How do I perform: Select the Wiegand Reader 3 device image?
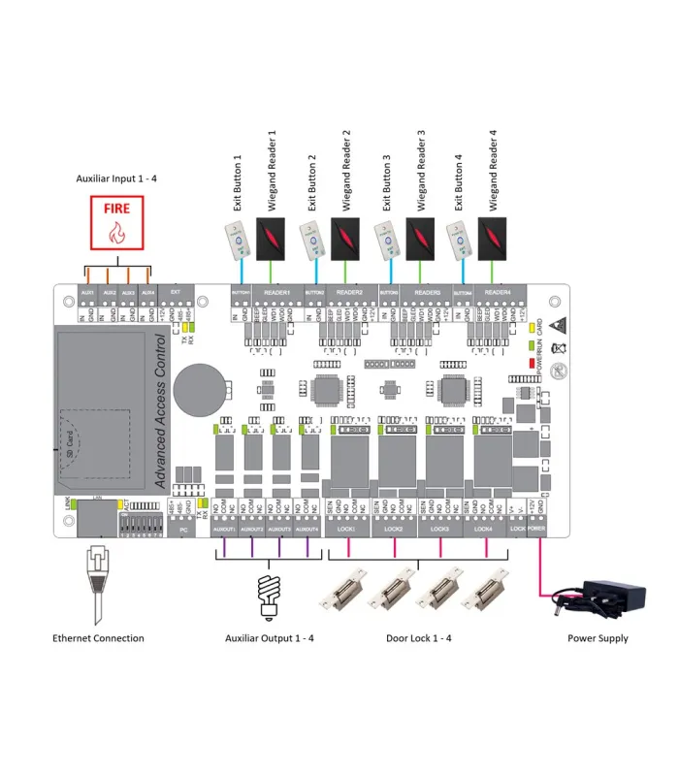point(420,236)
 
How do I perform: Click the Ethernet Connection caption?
point(98,638)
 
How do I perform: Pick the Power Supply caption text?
point(598,638)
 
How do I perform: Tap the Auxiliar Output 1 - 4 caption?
point(270,638)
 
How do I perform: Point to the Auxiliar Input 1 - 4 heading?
point(116,179)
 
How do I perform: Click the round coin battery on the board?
point(205,380)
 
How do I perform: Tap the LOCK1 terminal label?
point(346,530)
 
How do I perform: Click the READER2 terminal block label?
point(349,291)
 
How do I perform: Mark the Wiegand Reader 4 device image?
point(495,236)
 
